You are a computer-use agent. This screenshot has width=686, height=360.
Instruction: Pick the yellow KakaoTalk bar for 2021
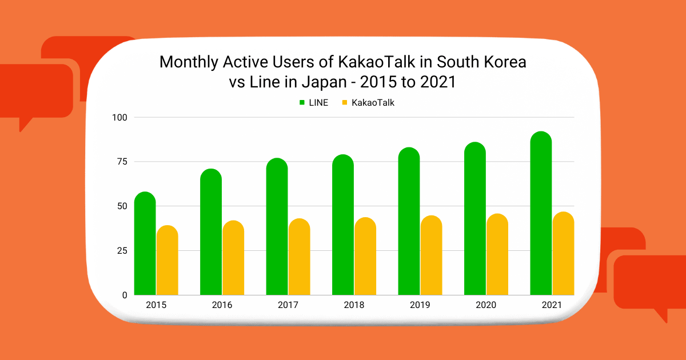tap(563, 254)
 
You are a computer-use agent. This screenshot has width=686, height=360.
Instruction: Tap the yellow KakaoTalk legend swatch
tap(345, 103)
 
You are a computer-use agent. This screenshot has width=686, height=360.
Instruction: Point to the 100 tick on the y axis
tap(121, 117)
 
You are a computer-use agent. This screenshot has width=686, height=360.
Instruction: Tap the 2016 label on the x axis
tap(222, 305)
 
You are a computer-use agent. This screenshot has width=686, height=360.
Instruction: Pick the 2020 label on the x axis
tap(486, 305)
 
